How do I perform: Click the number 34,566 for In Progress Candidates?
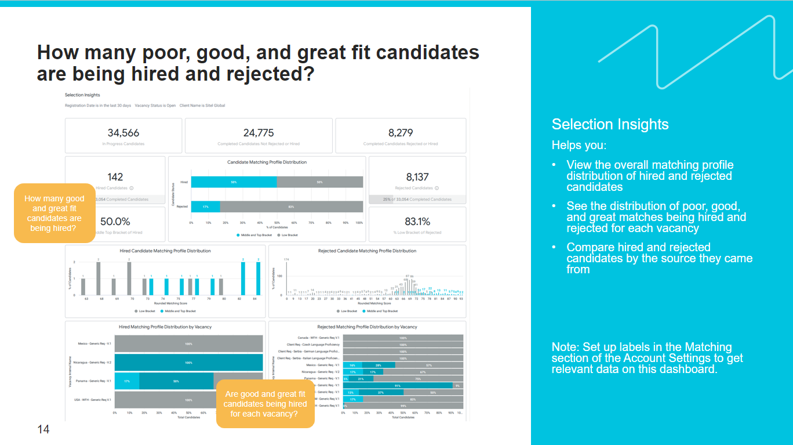tap(123, 133)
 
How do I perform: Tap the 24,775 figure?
tap(259, 133)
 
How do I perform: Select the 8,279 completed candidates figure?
tap(401, 133)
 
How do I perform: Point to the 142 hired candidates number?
tap(115, 177)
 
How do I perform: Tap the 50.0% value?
tap(115, 221)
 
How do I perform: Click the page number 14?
tap(43, 429)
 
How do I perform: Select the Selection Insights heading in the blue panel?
tap(610, 124)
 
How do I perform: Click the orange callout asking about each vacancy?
tap(265, 404)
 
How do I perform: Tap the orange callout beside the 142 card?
tap(54, 214)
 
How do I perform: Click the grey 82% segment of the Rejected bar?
tap(291, 207)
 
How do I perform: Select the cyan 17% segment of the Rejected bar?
tap(206, 207)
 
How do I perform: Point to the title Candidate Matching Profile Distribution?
tap(267, 162)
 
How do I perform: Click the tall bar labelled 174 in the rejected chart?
tap(286, 278)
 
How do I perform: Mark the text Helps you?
tap(579, 145)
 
